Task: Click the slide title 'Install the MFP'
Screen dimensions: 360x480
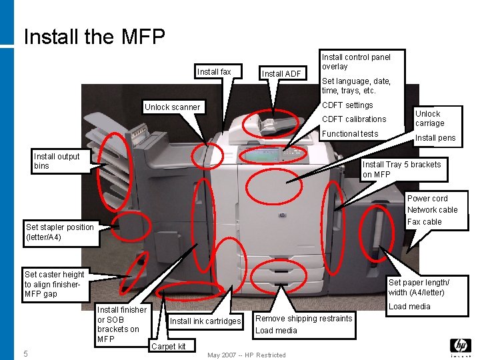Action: point(94,36)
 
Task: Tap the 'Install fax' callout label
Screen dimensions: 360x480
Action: point(214,72)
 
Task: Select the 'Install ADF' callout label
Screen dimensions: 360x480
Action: point(281,74)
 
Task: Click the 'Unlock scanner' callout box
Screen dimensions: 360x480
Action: point(172,107)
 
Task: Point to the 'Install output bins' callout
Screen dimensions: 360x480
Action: point(57,161)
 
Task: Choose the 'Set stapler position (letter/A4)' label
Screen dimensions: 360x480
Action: point(60,232)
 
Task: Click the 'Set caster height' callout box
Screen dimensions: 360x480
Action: point(55,284)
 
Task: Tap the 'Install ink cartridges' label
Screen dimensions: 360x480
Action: point(205,321)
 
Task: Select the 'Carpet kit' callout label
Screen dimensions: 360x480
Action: point(169,346)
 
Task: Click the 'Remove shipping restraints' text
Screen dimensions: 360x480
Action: point(303,319)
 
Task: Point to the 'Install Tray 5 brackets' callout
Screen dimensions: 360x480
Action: point(401,169)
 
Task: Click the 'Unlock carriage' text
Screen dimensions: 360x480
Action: point(428,119)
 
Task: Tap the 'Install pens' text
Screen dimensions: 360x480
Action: point(435,139)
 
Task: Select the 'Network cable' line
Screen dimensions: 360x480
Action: point(432,210)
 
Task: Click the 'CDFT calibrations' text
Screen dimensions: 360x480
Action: point(354,119)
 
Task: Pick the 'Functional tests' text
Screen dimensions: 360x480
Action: point(350,134)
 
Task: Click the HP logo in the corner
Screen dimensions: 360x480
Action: point(461,346)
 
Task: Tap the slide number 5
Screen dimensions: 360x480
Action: point(25,353)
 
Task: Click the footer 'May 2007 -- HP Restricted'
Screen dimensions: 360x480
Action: point(247,355)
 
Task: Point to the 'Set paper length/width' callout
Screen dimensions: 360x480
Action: point(419,287)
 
